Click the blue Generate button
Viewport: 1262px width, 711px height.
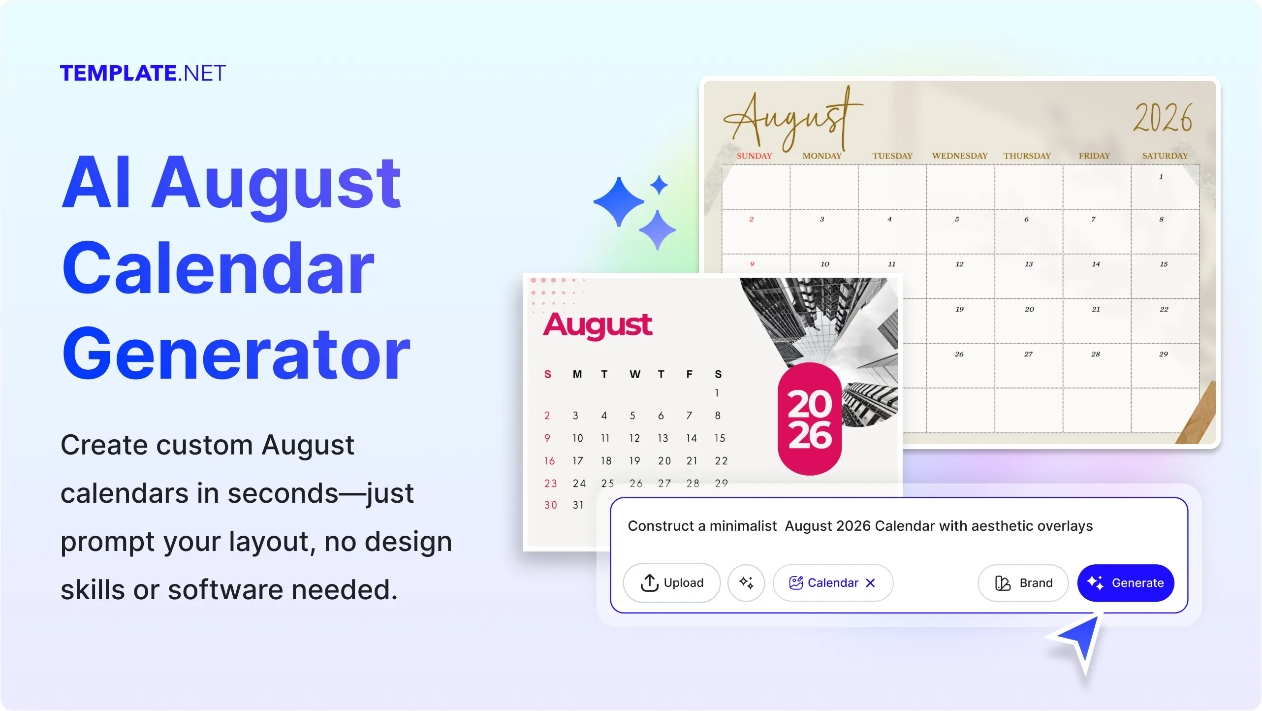tap(1126, 582)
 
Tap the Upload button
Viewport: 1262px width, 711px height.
tap(672, 582)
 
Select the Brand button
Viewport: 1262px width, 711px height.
tap(1023, 582)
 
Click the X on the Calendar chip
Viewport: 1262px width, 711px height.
tap(870, 582)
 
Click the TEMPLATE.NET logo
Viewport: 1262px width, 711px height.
tap(143, 73)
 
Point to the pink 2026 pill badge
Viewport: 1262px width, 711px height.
tap(810, 419)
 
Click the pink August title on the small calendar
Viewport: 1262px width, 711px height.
tap(598, 325)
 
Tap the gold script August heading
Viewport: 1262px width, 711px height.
tap(792, 118)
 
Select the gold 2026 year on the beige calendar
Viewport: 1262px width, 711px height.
tap(1163, 118)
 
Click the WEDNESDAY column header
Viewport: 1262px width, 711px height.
tap(960, 156)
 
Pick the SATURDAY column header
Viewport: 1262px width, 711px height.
tap(1165, 156)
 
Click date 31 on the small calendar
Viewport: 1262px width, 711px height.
tap(578, 505)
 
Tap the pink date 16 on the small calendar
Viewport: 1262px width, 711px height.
tap(549, 461)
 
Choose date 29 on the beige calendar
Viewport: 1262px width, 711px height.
tap(1164, 354)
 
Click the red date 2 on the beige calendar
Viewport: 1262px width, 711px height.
tap(751, 219)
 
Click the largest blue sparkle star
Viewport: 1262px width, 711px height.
tap(619, 202)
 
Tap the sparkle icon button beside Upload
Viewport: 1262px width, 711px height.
tap(746, 582)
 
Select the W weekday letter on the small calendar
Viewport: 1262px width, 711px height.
tap(635, 374)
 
